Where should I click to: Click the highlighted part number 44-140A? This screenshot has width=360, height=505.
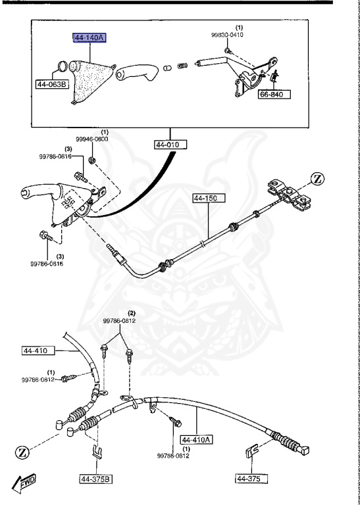point(89,38)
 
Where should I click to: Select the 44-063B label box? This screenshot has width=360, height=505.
point(52,84)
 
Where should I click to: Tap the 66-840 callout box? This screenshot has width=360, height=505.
point(274,94)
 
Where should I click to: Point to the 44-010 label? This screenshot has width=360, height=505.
point(171,144)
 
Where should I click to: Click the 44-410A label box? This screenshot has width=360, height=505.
point(197,440)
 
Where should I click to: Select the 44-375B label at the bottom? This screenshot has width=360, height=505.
point(97,478)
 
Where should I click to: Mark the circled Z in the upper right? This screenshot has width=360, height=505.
point(317,178)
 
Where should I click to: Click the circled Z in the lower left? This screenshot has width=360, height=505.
point(23,452)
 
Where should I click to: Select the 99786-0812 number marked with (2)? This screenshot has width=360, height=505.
point(118,321)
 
